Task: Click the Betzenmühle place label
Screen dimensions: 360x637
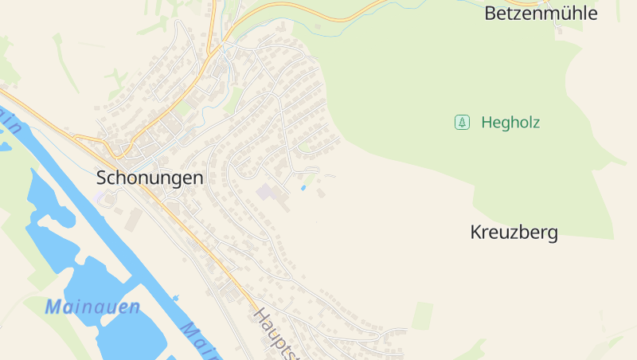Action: point(541,14)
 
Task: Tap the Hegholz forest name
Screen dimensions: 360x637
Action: point(510,123)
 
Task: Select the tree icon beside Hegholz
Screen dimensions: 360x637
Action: point(461,123)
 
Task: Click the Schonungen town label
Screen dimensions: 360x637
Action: point(150,178)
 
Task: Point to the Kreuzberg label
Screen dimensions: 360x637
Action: point(514,233)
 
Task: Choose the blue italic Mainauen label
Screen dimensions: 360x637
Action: point(92,307)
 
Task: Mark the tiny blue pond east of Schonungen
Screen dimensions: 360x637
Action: point(303,188)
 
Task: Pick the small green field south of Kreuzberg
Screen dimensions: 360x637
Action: point(422,315)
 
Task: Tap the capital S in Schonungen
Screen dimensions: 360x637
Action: point(103,178)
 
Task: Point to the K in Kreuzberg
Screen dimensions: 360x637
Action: point(476,233)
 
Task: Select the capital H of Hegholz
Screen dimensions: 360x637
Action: point(487,123)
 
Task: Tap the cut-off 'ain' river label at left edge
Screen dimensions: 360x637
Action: point(10,119)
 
